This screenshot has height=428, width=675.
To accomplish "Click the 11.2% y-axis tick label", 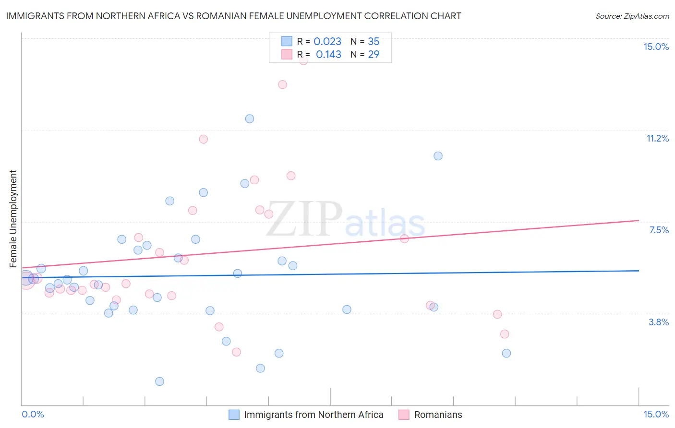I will pos(657,139).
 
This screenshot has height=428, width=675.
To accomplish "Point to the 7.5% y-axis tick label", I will pos(659,230).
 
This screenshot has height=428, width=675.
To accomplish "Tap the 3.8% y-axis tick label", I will pos(659,322).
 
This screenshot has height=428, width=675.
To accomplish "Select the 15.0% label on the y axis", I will pos(656,47).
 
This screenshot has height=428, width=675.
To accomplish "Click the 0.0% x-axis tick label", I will pos(33,414).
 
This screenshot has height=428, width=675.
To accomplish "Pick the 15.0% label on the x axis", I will pos(656,414).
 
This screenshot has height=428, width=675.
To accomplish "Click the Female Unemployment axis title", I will pos(13,219).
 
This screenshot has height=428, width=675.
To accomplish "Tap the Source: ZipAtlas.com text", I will pos(632,16).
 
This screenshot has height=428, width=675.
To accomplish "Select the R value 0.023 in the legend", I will pos(327,42).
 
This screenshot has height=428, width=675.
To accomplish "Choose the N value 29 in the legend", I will pos(374,55).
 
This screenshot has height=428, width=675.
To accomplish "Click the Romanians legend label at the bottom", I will pos(438,415).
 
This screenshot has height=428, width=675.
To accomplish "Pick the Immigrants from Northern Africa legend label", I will pos(313,415).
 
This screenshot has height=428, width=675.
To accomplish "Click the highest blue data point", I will pos(250,119).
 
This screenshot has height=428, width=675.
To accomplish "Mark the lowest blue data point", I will pos(160,381).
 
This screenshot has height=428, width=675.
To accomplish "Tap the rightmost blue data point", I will pos(506,353).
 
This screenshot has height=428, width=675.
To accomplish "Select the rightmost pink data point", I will pos(504,334).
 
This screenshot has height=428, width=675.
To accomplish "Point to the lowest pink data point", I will pos(236,352).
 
